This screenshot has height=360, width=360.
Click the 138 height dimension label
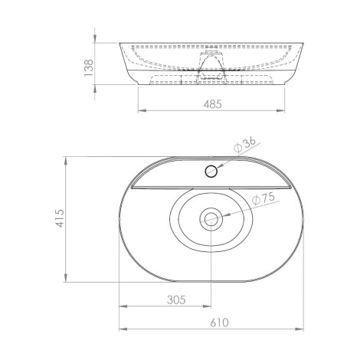[x=89, y=67]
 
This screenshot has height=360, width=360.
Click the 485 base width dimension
[x=213, y=104]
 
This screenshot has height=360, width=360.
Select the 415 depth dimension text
[x=61, y=218]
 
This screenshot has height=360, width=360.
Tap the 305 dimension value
[x=176, y=299]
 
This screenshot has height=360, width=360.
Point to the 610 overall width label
[x=220, y=322]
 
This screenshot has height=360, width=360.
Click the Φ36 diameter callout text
[x=244, y=145]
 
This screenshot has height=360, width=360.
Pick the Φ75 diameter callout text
[x=263, y=198]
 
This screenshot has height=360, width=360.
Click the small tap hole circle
[x=211, y=171]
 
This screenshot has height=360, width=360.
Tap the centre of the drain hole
[x=211, y=219]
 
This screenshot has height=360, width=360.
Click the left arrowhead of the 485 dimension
[x=142, y=110]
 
